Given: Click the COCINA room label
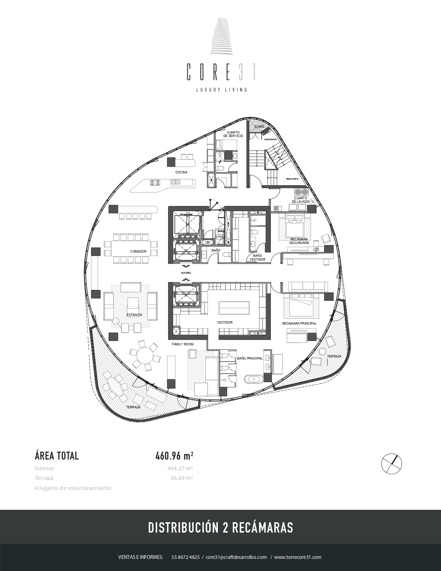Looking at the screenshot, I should tap(181, 172).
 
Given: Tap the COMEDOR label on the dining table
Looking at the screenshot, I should tap(138, 252).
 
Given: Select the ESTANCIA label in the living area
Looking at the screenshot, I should tap(134, 315).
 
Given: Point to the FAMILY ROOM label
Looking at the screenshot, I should tap(183, 344).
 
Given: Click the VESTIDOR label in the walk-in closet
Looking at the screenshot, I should tap(224, 323).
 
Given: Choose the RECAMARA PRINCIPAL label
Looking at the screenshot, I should tap(299, 324).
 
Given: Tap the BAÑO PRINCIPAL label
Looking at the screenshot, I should tap(250, 359).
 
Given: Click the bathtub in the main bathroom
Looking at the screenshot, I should tap(254, 379).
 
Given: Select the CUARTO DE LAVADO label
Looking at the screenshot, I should tap(301, 200).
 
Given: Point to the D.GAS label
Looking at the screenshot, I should tap(259, 127).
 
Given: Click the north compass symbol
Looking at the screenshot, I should tap(392, 463).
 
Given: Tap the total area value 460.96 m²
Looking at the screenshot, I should tap(174, 456).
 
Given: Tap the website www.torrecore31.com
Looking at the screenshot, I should tap(298, 557).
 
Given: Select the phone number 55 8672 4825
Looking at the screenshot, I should tap(185, 557).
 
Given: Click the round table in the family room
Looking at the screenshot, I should tap(145, 355).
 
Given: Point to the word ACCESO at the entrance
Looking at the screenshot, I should tap(186, 273).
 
